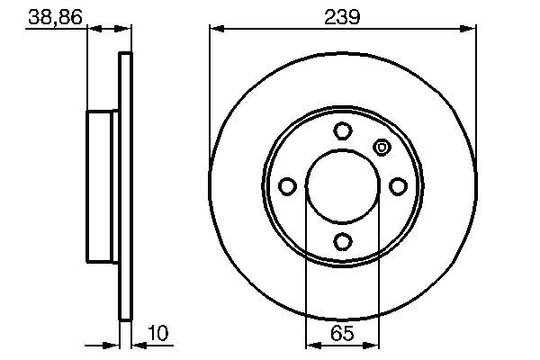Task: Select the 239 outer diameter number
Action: tap(342, 15)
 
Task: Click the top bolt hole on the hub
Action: tap(342, 130)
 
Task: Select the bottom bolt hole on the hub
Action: tap(342, 241)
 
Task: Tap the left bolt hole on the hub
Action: tap(287, 186)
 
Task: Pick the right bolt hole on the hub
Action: tap(398, 186)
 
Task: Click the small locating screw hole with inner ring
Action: tap(381, 148)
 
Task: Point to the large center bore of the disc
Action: tap(342, 186)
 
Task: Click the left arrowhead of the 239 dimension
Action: tap(216, 29)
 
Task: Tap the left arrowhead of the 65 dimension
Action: tap(311, 345)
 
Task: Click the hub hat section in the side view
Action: tap(103, 186)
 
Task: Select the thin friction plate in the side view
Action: tap(126, 186)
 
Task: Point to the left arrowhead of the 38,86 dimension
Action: tap(93, 29)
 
